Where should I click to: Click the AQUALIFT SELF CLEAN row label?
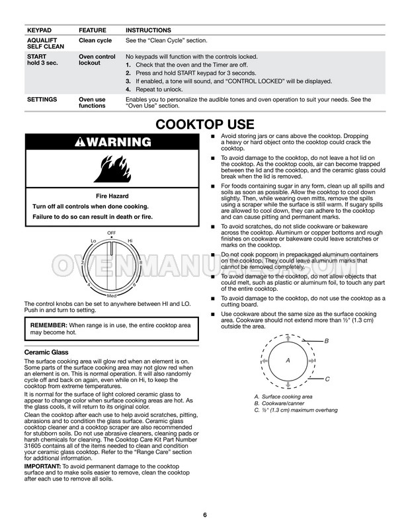tap(45, 44)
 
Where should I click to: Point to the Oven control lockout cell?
tap(97, 60)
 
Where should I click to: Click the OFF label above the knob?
tap(112, 233)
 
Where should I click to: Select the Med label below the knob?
tap(112, 295)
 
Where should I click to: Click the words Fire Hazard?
tap(111, 196)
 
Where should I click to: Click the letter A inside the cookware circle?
tap(288, 361)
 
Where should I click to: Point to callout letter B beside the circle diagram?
tap(326, 340)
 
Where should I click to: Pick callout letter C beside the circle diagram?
tap(326, 379)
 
